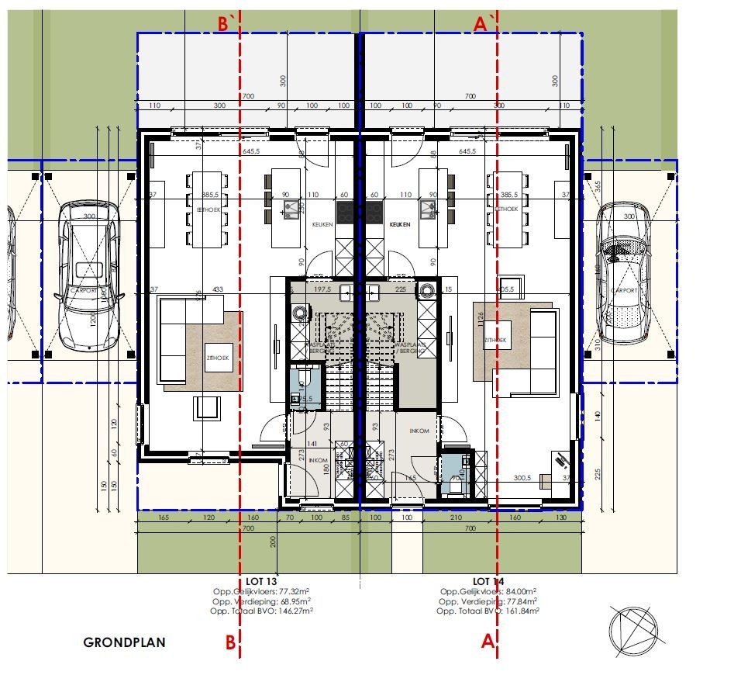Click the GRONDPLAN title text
pyautogui.click(x=125, y=642)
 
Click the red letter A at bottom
pyautogui.click(x=488, y=642)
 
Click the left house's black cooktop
pyautogui.click(x=345, y=211)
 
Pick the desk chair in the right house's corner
pyautogui.click(x=561, y=460)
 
